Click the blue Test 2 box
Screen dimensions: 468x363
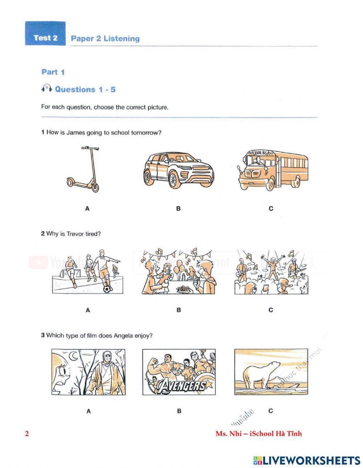pos(45,34)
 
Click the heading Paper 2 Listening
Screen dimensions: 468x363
pos(105,38)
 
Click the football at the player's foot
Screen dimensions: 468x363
pos(107,289)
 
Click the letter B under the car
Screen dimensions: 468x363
pos(178,208)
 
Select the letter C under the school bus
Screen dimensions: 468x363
pos(271,208)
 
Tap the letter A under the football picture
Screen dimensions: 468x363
pos(88,310)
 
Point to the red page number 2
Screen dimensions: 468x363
pos(27,434)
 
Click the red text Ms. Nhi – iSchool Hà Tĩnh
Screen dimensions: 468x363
pos(258,434)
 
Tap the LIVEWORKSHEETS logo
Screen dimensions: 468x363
pos(307,460)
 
